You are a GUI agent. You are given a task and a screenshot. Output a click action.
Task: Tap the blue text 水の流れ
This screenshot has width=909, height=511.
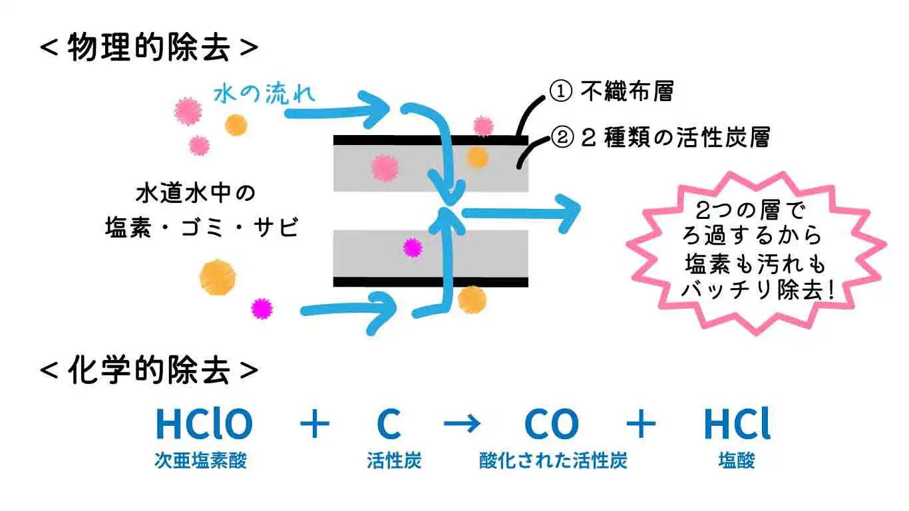264,93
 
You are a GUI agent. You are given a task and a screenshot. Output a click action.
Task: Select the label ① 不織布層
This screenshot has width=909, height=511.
611,92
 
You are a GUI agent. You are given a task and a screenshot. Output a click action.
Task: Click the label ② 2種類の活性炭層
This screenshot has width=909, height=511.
661,138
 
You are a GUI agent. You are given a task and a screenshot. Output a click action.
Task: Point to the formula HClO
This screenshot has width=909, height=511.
204,424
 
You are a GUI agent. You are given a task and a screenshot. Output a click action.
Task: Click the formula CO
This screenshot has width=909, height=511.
552,424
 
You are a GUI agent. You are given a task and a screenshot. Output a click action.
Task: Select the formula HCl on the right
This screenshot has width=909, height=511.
737,424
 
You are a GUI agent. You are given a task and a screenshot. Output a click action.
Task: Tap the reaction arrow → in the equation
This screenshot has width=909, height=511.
462,425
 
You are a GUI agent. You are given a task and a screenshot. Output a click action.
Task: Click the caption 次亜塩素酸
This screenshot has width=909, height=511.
200,461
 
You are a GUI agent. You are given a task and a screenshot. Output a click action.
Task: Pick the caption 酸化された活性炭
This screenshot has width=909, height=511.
553,461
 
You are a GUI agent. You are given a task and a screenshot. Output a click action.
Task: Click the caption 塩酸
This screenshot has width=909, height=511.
737,461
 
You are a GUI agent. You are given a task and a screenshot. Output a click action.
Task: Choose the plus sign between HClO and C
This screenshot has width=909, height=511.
314,425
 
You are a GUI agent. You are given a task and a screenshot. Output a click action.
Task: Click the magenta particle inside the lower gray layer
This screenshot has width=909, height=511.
413,248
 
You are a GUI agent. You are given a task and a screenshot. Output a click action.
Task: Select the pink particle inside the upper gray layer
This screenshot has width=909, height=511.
385,168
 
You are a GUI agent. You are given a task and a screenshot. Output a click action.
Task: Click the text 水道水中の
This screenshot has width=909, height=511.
196,195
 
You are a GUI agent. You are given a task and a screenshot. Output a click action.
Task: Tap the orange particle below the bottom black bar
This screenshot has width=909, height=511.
472,299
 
